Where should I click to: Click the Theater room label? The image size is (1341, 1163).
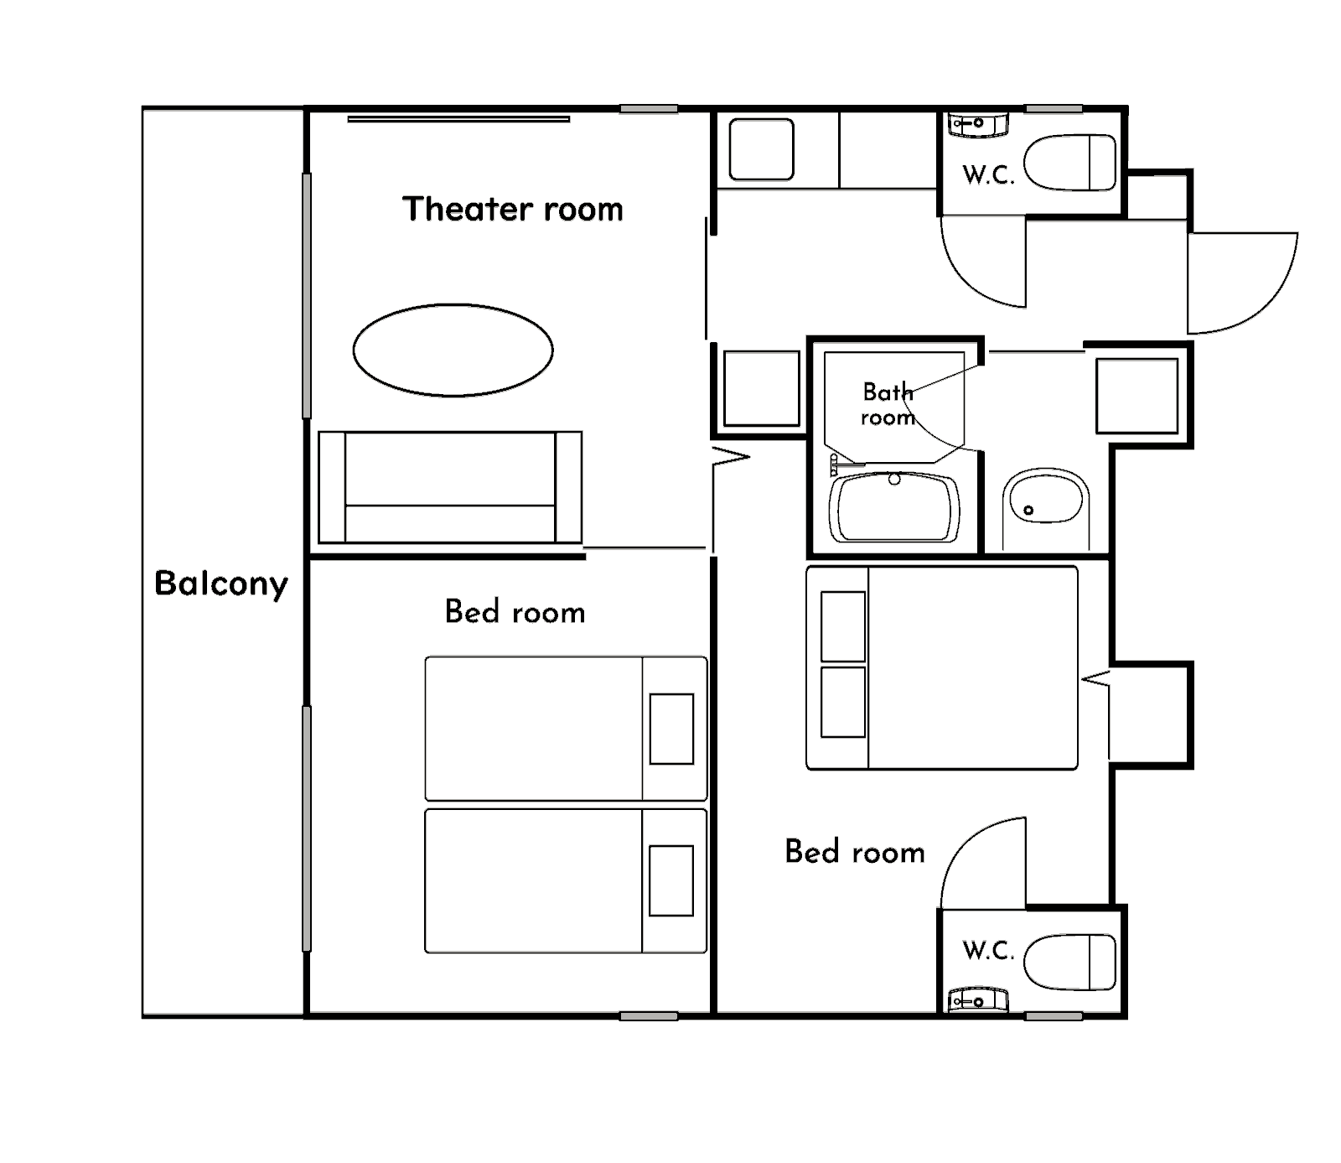tap(513, 209)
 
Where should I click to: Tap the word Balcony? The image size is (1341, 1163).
tap(221, 583)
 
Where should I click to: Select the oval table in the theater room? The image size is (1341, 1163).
tap(453, 350)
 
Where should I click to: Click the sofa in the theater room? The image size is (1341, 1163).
tap(450, 487)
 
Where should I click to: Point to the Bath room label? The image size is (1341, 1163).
tap(888, 404)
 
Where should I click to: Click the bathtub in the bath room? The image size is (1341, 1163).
tap(894, 507)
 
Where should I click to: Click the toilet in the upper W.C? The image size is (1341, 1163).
tap(1070, 163)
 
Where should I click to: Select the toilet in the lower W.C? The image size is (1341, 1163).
tap(1070, 962)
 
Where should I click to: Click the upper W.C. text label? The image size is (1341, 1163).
tap(989, 175)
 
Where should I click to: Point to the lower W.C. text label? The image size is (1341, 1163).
tap(989, 951)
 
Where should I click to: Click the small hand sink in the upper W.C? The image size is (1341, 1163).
tap(977, 124)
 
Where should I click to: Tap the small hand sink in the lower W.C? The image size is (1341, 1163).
tap(977, 1000)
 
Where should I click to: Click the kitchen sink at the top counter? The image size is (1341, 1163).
tap(761, 149)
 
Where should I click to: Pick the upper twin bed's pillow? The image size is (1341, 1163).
tap(671, 729)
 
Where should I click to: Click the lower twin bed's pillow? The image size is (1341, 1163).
tap(671, 880)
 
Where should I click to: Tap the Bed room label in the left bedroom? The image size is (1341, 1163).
tap(515, 612)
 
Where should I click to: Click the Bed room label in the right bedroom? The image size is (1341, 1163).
tap(855, 852)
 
